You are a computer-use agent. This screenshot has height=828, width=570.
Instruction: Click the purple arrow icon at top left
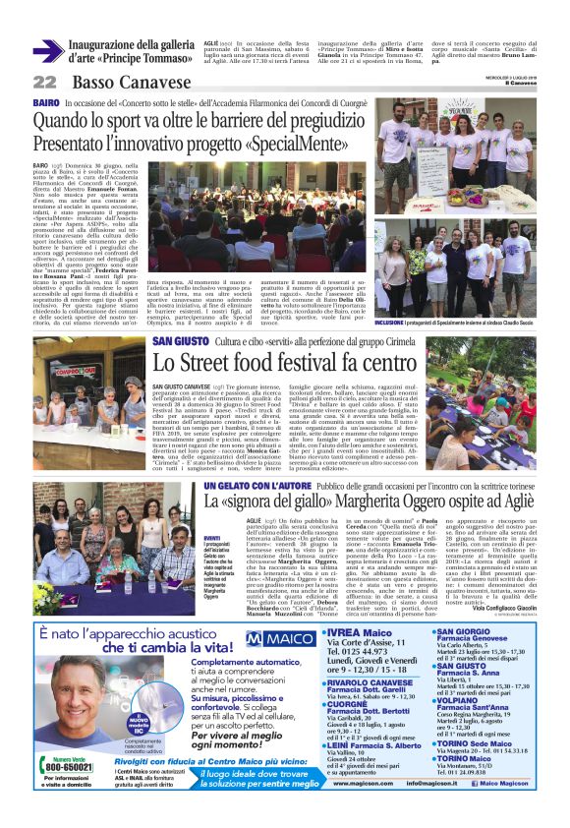(48, 49)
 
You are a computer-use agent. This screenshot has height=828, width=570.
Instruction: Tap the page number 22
(44, 83)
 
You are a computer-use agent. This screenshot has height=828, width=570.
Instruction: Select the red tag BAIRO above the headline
(45, 102)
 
